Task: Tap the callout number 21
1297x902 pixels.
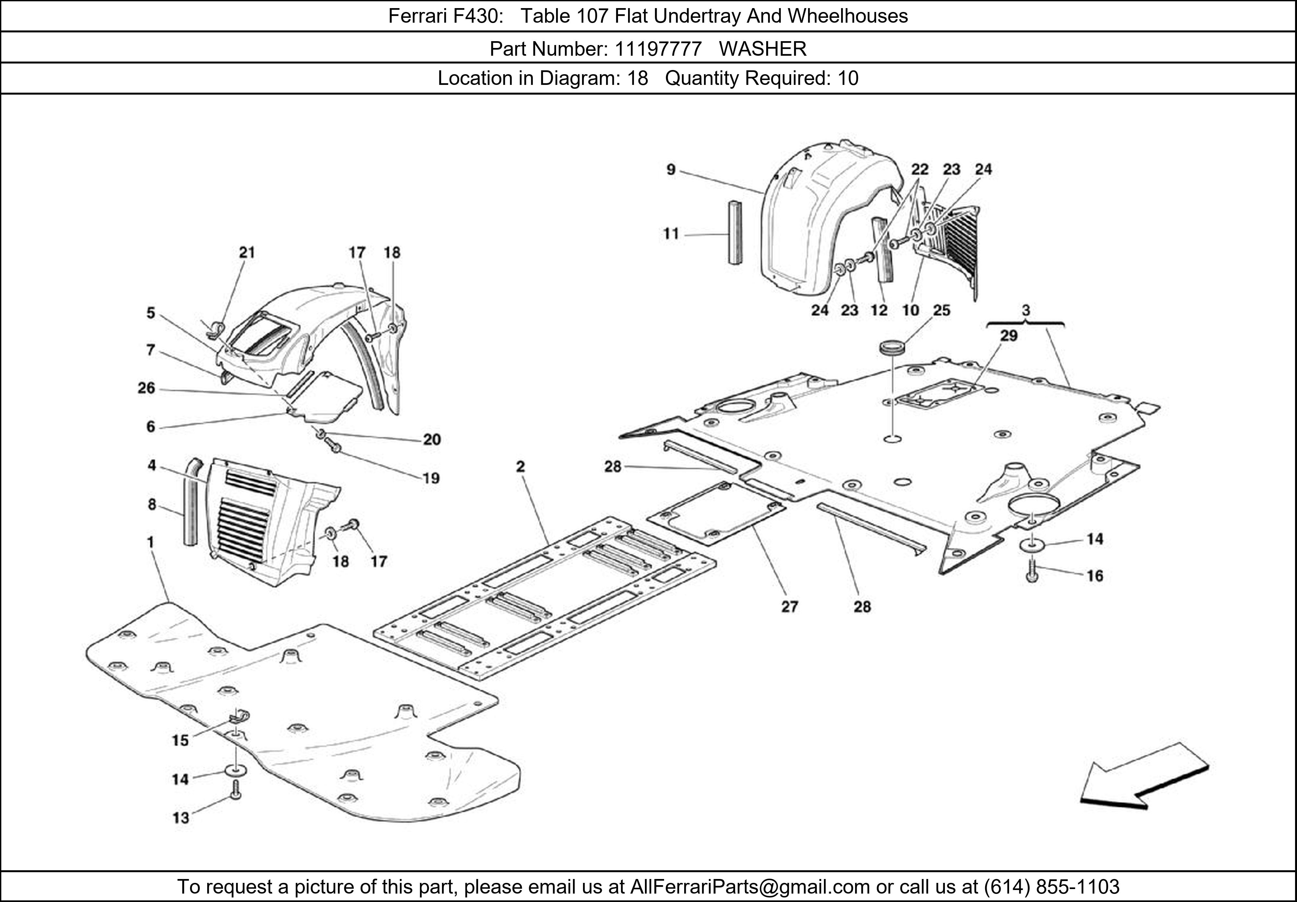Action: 247,252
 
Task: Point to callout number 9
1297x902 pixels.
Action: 671,169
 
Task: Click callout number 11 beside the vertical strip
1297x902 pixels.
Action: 671,234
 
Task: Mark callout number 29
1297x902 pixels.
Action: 1008,336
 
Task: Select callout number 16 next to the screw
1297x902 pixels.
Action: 1095,576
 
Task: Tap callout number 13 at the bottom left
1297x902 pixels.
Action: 181,818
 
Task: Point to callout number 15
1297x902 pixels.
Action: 180,740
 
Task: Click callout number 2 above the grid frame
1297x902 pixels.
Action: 520,466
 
